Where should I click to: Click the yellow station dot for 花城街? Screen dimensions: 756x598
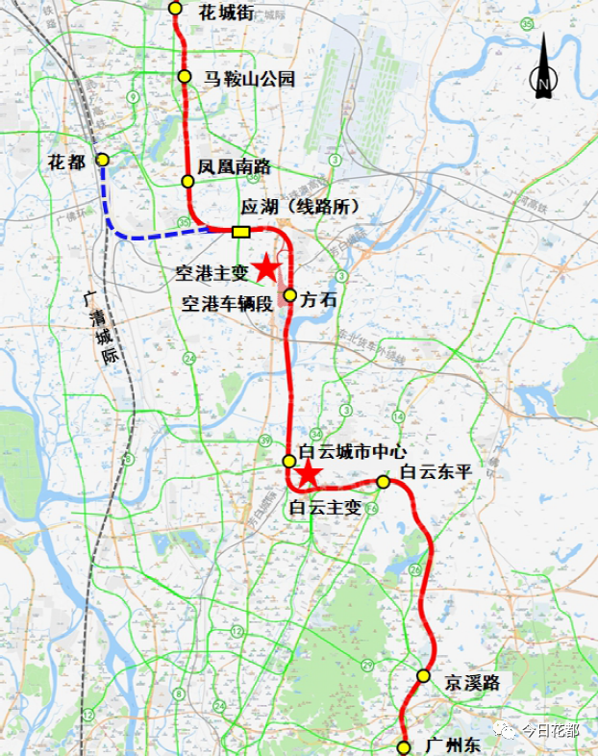(x=175, y=8)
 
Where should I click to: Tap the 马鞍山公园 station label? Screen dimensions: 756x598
(x=249, y=79)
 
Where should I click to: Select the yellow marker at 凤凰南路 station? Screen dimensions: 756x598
(x=188, y=181)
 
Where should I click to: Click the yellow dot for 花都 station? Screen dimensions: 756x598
(x=102, y=160)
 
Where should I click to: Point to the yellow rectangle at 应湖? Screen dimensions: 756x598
(x=240, y=231)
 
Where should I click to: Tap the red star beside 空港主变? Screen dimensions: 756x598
(x=265, y=268)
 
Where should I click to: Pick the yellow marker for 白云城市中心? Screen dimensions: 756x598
(x=288, y=461)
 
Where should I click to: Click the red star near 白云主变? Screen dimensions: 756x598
(x=308, y=473)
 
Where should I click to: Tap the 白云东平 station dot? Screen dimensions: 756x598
(x=383, y=481)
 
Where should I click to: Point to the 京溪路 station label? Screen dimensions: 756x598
(x=472, y=682)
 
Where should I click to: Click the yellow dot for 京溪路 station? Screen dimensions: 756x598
(x=423, y=676)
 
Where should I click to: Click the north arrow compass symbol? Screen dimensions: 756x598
(x=543, y=67)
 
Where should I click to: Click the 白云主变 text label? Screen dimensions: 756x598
(x=325, y=507)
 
